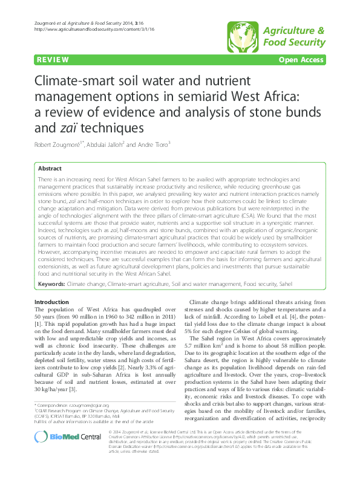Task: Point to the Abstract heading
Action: pos(50,169)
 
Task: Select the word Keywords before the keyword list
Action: pos(51,283)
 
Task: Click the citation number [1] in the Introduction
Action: pos(38,323)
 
